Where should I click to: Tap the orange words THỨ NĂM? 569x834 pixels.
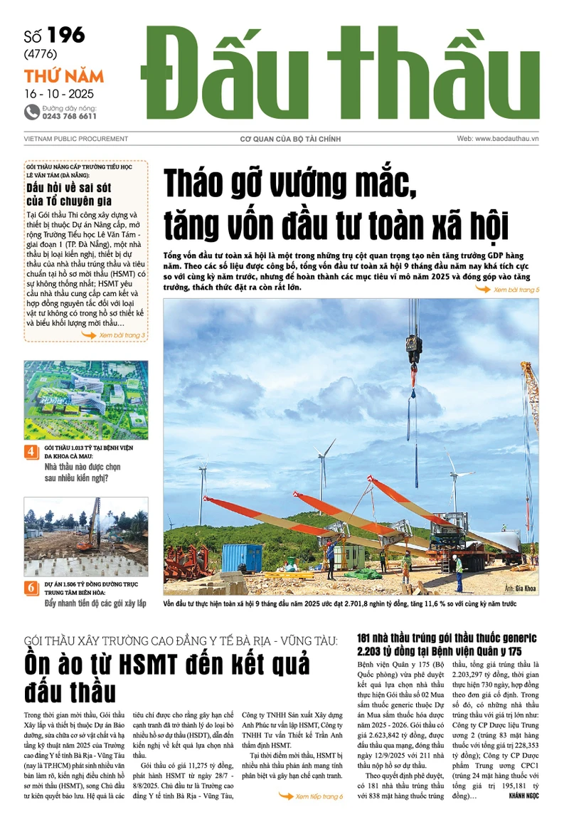click(64, 76)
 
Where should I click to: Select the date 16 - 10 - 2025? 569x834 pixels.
click(59, 93)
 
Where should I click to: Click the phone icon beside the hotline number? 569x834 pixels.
click(31, 112)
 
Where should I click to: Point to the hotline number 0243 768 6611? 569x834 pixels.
click(70, 116)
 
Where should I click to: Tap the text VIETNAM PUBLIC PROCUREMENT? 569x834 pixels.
click(75, 138)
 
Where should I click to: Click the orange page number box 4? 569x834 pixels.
click(31, 452)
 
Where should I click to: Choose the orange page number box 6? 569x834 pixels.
click(31, 588)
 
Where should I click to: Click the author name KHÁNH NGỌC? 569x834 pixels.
click(525, 796)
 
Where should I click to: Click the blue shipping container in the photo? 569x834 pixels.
click(241, 556)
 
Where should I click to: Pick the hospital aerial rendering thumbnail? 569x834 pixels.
click(86, 400)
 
